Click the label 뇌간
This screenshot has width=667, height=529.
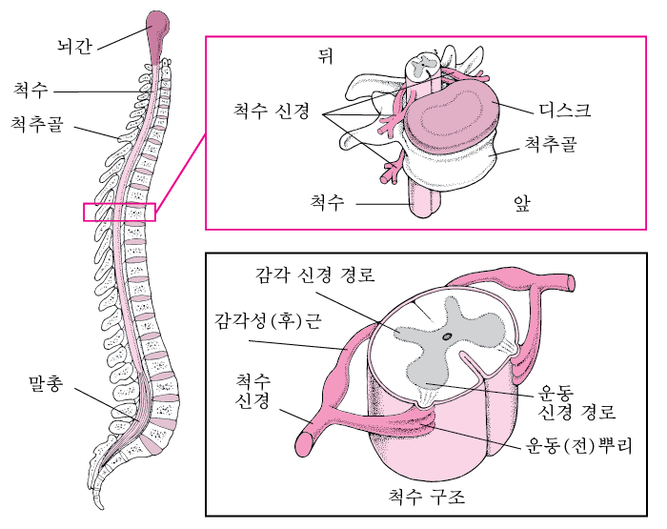(x=75, y=45)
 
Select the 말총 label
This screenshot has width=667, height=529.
(x=46, y=383)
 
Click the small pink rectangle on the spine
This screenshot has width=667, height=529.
(x=119, y=212)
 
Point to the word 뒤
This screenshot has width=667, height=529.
(x=326, y=55)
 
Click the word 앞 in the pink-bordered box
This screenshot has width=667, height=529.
(x=522, y=203)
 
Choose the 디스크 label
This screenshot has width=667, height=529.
(x=565, y=110)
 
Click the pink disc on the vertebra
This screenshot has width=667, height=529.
(x=451, y=115)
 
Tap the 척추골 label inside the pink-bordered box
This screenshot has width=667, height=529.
(x=551, y=144)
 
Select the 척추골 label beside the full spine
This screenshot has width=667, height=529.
(x=37, y=124)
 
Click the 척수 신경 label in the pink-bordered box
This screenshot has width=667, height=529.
(x=272, y=111)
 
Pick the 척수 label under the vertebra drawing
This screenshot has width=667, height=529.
(x=327, y=202)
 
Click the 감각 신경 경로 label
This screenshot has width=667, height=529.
(x=315, y=275)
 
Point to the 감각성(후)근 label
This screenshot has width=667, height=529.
(x=269, y=321)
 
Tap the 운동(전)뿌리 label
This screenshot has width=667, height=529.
(x=579, y=445)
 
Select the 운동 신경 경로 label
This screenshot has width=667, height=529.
(x=576, y=401)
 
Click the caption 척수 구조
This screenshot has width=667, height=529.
(x=427, y=496)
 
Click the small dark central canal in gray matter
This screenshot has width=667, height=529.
(x=447, y=336)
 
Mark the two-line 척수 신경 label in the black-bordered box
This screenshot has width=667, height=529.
(x=253, y=391)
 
